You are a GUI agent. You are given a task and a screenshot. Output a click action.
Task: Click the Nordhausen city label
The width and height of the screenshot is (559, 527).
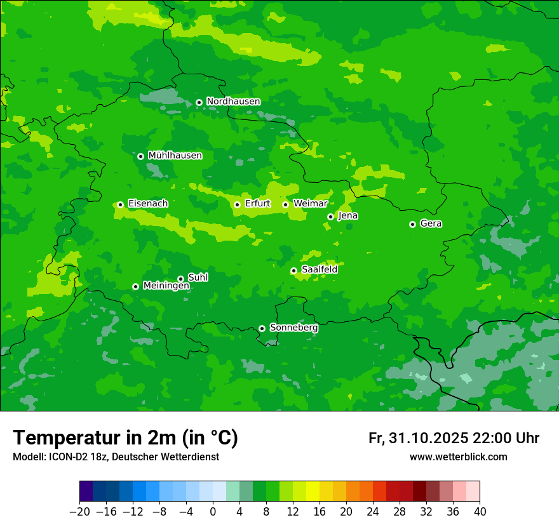[233, 102]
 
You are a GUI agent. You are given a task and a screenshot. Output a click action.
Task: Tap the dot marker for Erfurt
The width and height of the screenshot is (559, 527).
[237, 204]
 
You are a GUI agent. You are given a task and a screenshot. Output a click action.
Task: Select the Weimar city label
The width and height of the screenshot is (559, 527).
[310, 204]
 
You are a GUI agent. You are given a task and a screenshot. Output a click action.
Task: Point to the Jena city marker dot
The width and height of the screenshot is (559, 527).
[330, 217]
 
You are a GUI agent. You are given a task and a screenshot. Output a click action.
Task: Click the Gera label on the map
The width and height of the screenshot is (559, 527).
[431, 223]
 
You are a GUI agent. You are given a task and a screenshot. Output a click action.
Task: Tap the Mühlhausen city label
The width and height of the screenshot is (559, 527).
[175, 156]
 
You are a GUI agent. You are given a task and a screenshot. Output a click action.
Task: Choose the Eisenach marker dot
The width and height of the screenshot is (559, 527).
[120, 204]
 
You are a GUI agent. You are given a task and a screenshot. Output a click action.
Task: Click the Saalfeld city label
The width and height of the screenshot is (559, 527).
[319, 270]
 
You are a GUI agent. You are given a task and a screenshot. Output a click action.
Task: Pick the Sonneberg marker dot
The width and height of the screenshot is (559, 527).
[262, 328]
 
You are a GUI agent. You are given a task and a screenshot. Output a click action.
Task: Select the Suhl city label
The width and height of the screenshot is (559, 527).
[198, 277]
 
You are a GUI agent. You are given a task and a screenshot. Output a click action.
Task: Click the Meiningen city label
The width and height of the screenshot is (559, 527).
[166, 286]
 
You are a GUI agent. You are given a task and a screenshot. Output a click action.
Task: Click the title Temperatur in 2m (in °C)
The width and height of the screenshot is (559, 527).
[125, 437]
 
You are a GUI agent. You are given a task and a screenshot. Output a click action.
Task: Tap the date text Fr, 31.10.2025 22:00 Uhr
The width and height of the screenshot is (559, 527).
[454, 438]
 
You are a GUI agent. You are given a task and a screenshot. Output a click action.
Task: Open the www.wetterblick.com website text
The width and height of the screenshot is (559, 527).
[458, 457]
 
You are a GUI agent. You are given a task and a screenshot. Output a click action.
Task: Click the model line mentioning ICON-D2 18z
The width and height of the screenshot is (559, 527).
[116, 457]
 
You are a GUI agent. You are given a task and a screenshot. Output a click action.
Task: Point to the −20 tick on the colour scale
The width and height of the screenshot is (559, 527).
[79, 512]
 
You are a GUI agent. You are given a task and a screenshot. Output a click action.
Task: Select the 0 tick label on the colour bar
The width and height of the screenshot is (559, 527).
[213, 512]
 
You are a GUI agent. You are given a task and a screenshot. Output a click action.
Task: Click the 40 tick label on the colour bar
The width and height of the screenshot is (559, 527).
[480, 512]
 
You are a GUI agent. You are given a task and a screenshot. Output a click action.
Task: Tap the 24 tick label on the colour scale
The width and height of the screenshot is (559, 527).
[373, 512]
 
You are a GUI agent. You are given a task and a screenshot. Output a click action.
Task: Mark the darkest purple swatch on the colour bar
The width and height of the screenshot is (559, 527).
[86, 491]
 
